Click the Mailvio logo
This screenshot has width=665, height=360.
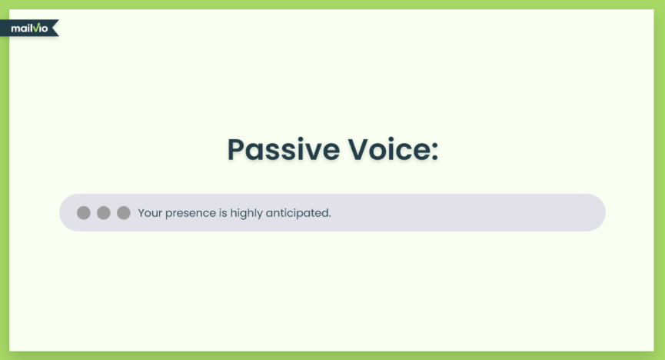click(x=29, y=28)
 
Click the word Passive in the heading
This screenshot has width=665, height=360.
click(x=284, y=149)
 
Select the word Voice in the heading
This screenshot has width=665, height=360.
click(x=387, y=149)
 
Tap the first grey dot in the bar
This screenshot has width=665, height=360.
click(x=84, y=212)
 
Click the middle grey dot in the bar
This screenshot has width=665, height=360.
click(x=104, y=212)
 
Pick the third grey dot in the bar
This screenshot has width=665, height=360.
click(x=124, y=212)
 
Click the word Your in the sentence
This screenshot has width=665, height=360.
click(x=150, y=212)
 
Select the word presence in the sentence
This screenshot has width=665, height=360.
click(x=191, y=214)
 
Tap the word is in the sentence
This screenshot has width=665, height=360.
click(x=223, y=212)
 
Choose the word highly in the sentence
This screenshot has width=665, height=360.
click(x=246, y=214)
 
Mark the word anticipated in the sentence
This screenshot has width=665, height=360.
click(x=297, y=213)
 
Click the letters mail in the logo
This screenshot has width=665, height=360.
click(x=22, y=28)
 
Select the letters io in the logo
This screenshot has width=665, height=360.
click(x=43, y=29)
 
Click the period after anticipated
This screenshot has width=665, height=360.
click(x=330, y=216)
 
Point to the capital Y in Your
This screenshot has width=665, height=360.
click(x=141, y=212)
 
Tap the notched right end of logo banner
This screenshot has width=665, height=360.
click(x=55, y=28)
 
